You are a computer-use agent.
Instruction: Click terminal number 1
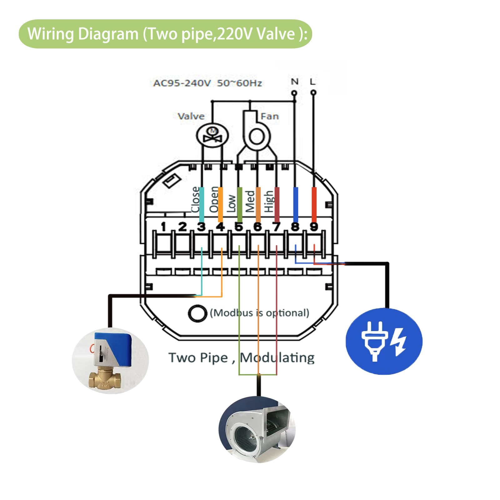pos(163,227)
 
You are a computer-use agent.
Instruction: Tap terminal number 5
pos(239,227)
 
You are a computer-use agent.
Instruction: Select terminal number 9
pos(314,227)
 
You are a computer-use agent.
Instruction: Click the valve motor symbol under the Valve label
pos(212,136)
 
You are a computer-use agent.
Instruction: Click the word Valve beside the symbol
pos(191,116)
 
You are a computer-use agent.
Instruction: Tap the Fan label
pos(269,116)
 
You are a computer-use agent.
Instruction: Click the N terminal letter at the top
pos(294,82)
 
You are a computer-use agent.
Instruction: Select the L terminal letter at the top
pos(313,82)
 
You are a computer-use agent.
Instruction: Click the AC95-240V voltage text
pos(182,83)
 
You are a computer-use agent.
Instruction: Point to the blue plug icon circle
pos(384,341)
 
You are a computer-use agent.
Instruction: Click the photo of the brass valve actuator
pos(110,360)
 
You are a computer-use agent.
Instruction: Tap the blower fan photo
pos(257,429)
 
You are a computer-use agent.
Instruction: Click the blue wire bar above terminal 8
pos(295,205)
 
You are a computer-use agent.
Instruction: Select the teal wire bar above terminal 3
pos(202,205)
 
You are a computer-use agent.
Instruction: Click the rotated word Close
pos(195,199)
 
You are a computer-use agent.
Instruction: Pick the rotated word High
pos(269,201)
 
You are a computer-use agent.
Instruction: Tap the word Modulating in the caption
pos(277,358)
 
